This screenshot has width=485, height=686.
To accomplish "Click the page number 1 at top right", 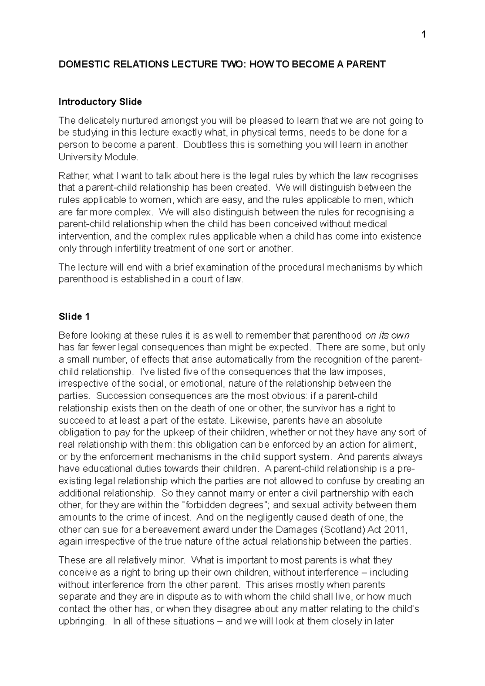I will pyautogui.click(x=424, y=36).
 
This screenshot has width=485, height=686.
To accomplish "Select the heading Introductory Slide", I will pyautogui.click(x=100, y=102).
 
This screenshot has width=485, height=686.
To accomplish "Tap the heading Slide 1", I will pyautogui.click(x=74, y=317).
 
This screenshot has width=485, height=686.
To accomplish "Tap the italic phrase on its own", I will pyautogui.click(x=387, y=335).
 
